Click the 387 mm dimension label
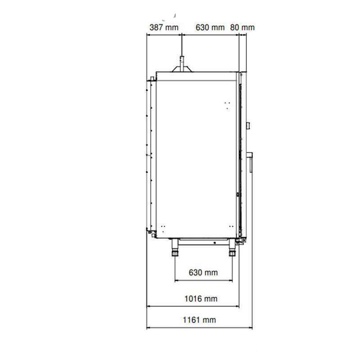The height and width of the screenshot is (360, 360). pos(164,27)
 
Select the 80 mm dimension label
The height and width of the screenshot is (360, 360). pos(243,27)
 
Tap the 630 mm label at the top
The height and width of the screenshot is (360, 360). pos(210,27)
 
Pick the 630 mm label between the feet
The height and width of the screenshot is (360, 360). pos(203,273)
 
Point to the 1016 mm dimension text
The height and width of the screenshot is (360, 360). pos(201,299)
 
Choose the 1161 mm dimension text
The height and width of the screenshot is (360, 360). pos(199,320)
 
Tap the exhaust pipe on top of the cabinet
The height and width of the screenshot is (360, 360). pos(182,64)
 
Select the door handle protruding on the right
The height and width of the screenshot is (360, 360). pos(250,162)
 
